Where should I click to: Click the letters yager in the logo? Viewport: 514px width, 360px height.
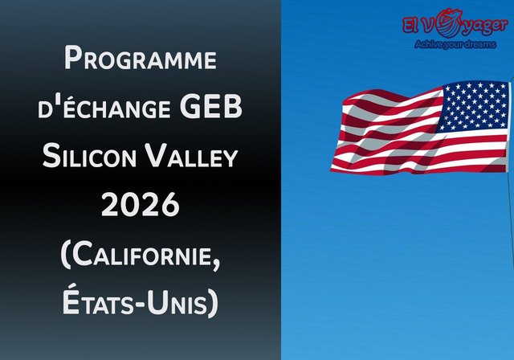tap(483, 28)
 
